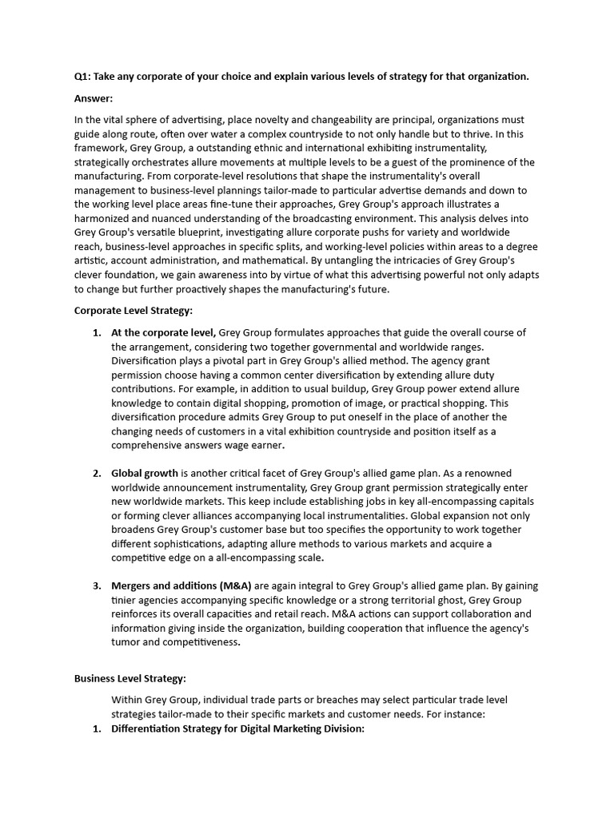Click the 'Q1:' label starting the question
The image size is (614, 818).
coord(83,77)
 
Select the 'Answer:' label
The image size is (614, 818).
coord(94,99)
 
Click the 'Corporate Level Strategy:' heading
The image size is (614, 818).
coord(134,310)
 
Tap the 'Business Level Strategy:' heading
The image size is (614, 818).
coord(130,678)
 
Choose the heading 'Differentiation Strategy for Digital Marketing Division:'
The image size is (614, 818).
coord(237,729)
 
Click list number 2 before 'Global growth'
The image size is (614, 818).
coord(97,473)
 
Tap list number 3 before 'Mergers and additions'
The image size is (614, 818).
coord(97,586)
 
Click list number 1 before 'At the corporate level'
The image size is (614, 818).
coord(97,332)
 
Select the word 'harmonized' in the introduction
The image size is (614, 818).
coord(105,218)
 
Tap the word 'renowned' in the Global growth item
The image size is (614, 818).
coord(487,473)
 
